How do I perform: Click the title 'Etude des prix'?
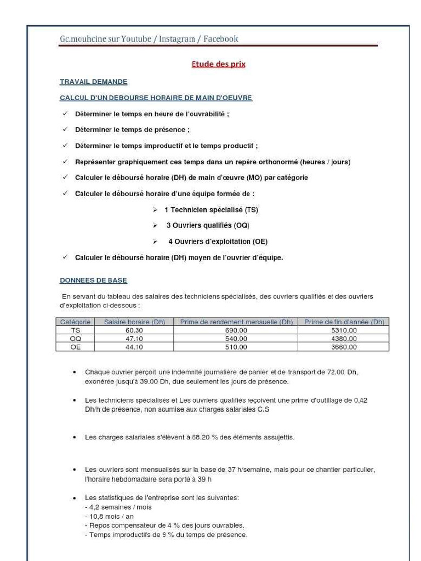[x=218, y=64]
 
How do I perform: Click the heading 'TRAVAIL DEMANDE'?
[x=93, y=82]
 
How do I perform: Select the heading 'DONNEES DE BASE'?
[x=93, y=280]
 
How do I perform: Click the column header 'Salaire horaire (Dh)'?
[x=134, y=322]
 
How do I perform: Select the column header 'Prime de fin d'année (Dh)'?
[x=344, y=322]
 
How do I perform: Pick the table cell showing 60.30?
[x=134, y=330]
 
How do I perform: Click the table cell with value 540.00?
[x=236, y=339]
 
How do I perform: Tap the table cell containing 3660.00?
[x=344, y=347]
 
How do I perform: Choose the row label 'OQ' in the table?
[x=75, y=339]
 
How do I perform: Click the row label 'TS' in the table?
[x=75, y=330]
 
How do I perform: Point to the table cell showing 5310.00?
[x=344, y=330]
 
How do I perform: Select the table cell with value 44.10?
[x=134, y=347]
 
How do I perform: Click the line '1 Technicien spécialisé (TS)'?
[x=211, y=210]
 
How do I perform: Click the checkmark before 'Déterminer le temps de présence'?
[x=65, y=130]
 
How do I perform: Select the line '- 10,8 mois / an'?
[x=109, y=517]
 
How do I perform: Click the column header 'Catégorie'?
[x=75, y=322]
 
